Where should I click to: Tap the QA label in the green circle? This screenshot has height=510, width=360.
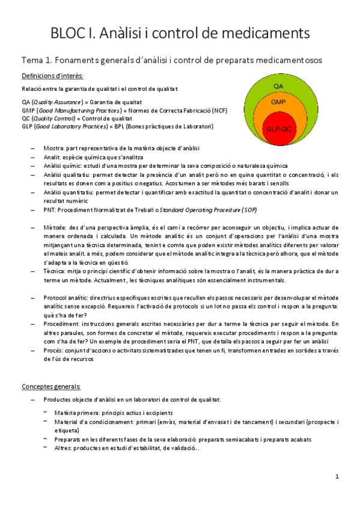tap(279, 87)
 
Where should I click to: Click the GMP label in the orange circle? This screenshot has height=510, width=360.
tap(278, 103)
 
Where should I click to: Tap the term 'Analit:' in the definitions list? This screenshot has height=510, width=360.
tap(53, 157)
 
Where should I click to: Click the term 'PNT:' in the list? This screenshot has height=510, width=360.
tap(50, 210)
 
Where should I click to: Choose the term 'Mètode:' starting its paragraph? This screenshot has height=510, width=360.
tap(55, 228)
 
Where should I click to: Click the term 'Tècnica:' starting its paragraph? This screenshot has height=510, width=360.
tap(56, 272)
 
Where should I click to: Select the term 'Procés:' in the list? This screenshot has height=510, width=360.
tap(54, 351)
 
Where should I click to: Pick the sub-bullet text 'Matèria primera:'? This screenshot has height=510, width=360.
tap(77, 413)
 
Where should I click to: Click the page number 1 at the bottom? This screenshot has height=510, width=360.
tap(337, 476)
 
